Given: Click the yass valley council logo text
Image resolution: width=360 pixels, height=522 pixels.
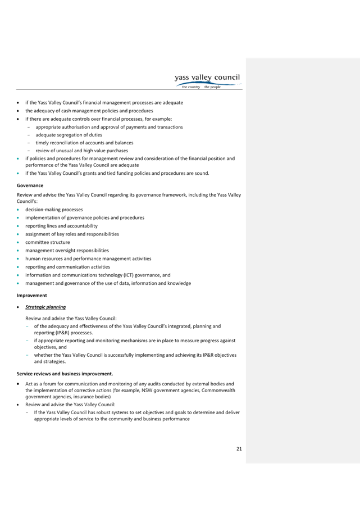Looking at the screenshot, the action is pyautogui.click(x=207, y=78).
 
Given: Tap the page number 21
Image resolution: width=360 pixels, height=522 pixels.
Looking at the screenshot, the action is pyautogui.click(x=239, y=449).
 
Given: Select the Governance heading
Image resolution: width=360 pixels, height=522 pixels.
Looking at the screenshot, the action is pyautogui.click(x=30, y=185).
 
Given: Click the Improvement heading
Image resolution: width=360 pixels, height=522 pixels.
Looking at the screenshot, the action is pyautogui.click(x=32, y=296).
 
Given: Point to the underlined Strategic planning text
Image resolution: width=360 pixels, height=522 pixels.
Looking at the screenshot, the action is pyautogui.click(x=45, y=307).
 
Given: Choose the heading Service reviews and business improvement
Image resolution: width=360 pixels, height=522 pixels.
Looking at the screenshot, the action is pyautogui.click(x=65, y=374).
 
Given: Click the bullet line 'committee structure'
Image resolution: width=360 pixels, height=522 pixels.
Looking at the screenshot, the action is pyautogui.click(x=48, y=242).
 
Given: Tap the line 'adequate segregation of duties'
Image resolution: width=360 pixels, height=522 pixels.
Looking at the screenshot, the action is pyautogui.click(x=69, y=135).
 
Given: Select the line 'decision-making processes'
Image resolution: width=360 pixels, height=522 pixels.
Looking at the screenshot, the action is pyautogui.click(x=54, y=210).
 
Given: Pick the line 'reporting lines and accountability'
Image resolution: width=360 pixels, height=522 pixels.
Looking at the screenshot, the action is pyautogui.click(x=62, y=226).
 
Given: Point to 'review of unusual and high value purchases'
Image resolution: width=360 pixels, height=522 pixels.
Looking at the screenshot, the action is pyautogui.click(x=82, y=151).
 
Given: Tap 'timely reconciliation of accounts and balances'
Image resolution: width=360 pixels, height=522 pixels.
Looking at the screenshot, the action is pyautogui.click(x=84, y=143).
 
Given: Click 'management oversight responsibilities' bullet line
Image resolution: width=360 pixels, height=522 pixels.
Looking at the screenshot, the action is pyautogui.click(x=67, y=251).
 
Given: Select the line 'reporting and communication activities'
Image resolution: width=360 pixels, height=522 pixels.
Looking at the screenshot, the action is pyautogui.click(x=68, y=267).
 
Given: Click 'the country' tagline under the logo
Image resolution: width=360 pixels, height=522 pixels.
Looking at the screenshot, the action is pyautogui.click(x=191, y=87).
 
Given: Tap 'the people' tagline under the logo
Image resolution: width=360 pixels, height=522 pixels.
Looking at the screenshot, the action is pyautogui.click(x=212, y=87).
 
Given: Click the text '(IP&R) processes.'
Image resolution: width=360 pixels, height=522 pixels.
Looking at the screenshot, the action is pyautogui.click(x=63, y=333).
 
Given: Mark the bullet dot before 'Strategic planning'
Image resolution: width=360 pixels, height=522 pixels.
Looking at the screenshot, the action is pyautogui.click(x=18, y=307).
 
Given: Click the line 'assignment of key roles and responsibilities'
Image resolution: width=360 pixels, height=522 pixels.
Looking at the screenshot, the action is pyautogui.click(x=72, y=234).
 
